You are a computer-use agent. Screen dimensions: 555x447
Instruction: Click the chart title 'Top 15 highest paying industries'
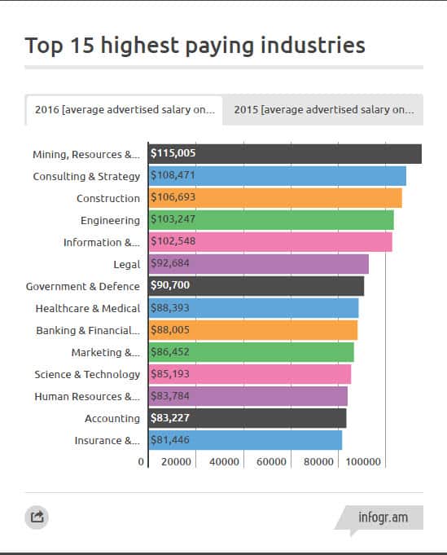click(x=195, y=45)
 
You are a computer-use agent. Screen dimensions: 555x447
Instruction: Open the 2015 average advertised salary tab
click(x=323, y=110)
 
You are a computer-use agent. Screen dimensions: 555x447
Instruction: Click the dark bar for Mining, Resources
click(x=285, y=154)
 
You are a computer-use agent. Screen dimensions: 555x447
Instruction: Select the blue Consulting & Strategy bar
click(x=277, y=176)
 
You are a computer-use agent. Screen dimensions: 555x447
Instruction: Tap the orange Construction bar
click(x=275, y=198)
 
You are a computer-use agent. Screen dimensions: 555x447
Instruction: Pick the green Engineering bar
click(x=271, y=220)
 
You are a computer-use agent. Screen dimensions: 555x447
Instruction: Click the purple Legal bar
click(x=259, y=264)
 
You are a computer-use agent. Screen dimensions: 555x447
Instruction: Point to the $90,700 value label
click(x=171, y=286)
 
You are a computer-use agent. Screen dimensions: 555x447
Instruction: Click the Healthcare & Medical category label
click(x=88, y=308)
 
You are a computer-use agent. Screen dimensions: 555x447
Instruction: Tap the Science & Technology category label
click(x=87, y=374)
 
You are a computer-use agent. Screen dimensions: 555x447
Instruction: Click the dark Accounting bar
click(x=248, y=418)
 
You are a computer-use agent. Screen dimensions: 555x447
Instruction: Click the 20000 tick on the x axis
click(x=176, y=462)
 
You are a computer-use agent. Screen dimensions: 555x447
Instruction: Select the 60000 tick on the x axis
click(x=271, y=462)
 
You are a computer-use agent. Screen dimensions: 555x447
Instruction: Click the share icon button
click(x=37, y=517)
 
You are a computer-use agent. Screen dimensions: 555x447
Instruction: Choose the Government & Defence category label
click(x=83, y=286)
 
